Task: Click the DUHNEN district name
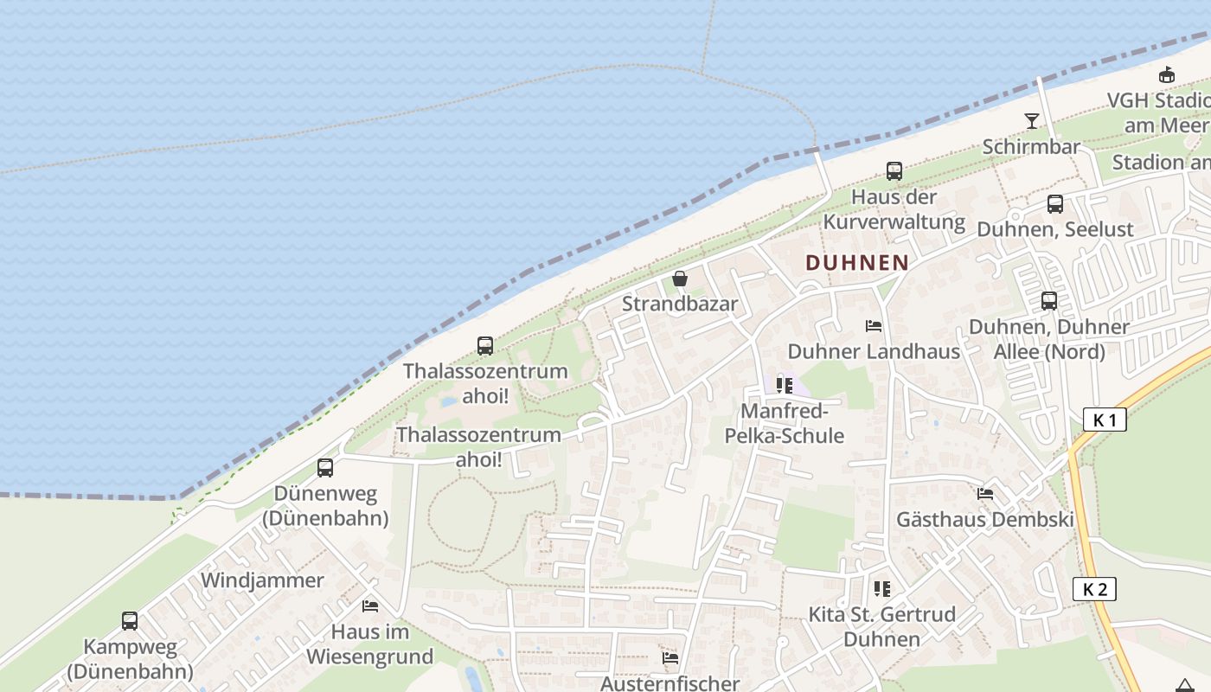coord(857,263)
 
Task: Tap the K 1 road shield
coord(1105,420)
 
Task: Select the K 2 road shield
coord(1094,590)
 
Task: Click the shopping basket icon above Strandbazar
coord(680,279)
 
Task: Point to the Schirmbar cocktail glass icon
coord(1031,121)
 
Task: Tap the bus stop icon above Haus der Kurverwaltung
coord(894,171)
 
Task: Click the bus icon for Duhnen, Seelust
coord(1055,204)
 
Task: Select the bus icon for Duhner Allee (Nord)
coord(1049,301)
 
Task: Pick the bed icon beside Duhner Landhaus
coord(874,326)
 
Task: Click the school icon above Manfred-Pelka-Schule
coord(785,385)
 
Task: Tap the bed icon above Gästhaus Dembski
coord(984,495)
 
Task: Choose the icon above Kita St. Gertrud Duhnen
coord(882,589)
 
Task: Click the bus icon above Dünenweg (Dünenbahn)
coord(325,468)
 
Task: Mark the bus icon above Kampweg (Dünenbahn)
coord(130,620)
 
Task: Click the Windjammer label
coord(262,580)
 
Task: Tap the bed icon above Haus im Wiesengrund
coord(370,606)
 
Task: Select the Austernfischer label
coord(670,683)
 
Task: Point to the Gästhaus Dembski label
coord(984,520)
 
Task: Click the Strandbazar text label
coord(680,304)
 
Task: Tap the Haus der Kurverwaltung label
coord(894,209)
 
